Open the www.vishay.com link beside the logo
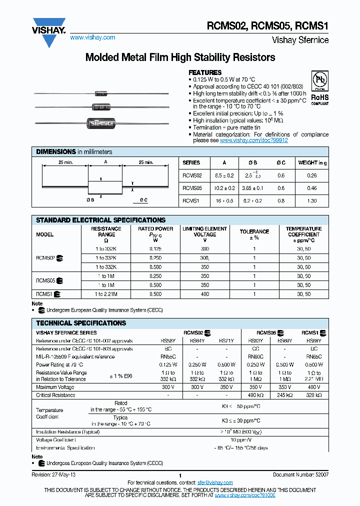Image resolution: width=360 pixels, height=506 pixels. click(92, 37)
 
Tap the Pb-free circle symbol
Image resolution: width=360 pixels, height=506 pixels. click(319, 80)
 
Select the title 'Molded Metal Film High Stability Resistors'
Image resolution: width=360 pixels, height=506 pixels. click(180, 57)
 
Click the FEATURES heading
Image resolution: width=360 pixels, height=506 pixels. click(205, 72)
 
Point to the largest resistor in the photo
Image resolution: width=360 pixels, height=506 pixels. click(101, 122)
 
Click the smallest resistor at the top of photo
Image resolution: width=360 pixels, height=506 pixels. click(101, 93)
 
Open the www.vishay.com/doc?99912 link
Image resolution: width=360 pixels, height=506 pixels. click(253, 140)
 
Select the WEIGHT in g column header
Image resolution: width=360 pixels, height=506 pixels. click(312, 162)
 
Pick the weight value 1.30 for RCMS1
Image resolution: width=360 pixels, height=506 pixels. click(312, 200)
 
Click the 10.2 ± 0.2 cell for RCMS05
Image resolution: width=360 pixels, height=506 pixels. click(223, 188)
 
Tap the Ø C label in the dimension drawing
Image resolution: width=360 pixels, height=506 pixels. click(143, 200)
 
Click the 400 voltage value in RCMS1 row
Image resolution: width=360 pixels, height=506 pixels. click(204, 294)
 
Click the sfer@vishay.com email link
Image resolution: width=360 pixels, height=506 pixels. click(215, 482)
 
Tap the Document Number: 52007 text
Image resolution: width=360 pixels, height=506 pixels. click(300, 474)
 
